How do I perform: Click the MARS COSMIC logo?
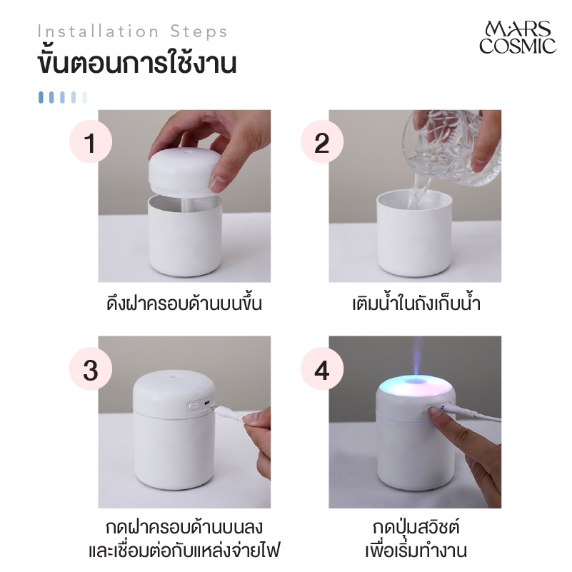[517, 38]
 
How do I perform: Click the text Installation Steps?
[132, 31]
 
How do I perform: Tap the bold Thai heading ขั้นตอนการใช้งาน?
[137, 63]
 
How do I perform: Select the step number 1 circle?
[91, 141]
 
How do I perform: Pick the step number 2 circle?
[322, 141]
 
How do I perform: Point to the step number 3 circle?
[91, 368]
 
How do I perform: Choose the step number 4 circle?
[322, 368]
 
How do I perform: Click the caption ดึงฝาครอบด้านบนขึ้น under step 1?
[184, 303]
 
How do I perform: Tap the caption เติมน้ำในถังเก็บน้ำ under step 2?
[416, 303]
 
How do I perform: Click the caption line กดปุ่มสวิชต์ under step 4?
[416, 528]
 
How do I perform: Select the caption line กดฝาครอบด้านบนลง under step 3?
[184, 528]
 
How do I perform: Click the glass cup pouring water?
[451, 148]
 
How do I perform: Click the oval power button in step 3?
[193, 406]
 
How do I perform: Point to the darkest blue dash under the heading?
[41, 97]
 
